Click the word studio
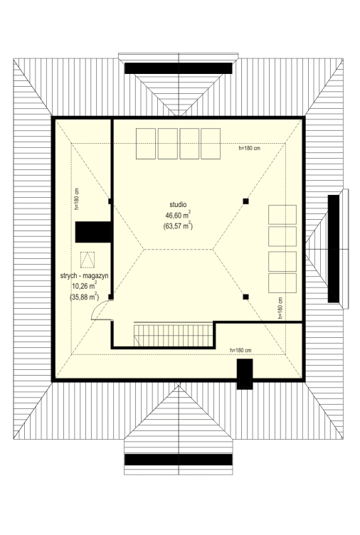pos(178,204)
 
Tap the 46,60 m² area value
pos(178,215)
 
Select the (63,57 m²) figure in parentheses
pos(178,226)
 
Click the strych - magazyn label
pos(84,276)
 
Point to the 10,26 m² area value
pos(85,286)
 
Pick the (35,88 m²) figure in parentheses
pos(85,297)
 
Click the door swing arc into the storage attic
pos(96,309)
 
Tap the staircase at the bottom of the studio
pos(174,335)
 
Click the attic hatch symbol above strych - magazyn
pos(88,259)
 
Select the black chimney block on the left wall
pos(93,232)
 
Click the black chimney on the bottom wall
pos(245,374)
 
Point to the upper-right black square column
pos(245,201)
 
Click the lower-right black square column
pos(245,297)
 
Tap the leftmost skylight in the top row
pos(146,144)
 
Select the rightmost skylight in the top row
pos(211,144)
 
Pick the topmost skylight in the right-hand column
pos(282,215)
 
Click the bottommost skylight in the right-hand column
pos(282,283)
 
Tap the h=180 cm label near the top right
pos(250,149)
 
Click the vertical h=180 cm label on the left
pos(77,199)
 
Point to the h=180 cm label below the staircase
pos(240,351)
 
